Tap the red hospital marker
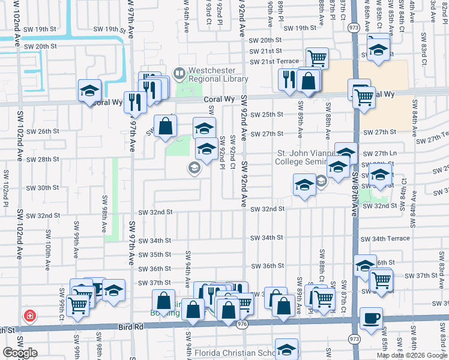click(x=29, y=316)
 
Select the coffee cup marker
click(x=371, y=318)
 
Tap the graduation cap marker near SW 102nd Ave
click(x=89, y=91)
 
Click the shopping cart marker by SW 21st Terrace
click(x=316, y=58)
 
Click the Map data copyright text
click(x=411, y=355)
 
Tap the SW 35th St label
click(x=155, y=255)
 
